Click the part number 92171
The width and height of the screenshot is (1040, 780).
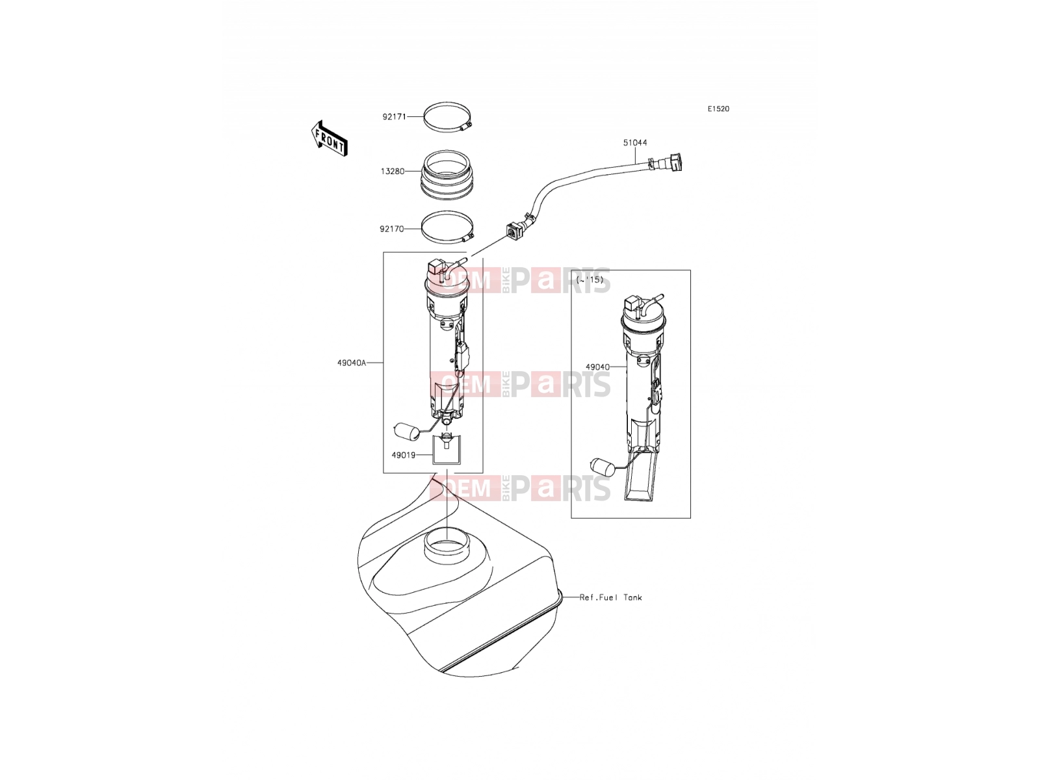[x=394, y=116]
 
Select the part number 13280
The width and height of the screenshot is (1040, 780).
[x=393, y=172]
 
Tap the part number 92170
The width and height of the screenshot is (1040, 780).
[x=391, y=229]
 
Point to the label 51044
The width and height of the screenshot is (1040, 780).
[x=635, y=142]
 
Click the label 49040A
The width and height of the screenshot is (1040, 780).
[x=352, y=363]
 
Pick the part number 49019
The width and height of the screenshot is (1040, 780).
[x=403, y=455]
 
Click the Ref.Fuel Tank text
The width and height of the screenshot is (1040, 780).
[x=611, y=597]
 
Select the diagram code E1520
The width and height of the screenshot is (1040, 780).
[x=718, y=109]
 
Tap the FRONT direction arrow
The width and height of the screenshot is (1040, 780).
[x=330, y=138]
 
